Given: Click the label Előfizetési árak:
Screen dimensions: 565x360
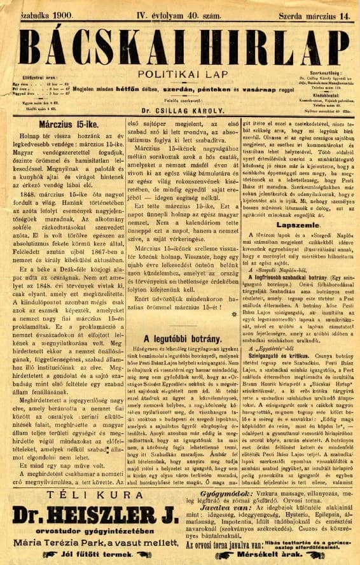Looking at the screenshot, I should coord(26,78).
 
